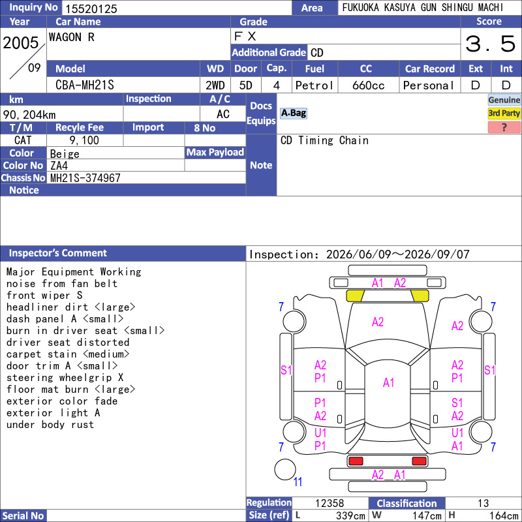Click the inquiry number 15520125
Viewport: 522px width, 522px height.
(x=91, y=8)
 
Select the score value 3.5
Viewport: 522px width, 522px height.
(x=491, y=44)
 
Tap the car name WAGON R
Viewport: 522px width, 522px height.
(x=72, y=37)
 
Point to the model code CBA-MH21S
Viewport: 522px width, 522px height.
(x=85, y=85)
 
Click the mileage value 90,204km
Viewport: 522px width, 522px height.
(x=29, y=115)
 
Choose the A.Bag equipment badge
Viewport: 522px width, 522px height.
(x=293, y=113)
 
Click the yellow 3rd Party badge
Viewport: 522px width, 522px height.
(x=504, y=113)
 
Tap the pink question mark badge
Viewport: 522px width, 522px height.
(x=504, y=127)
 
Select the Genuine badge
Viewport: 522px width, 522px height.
(x=504, y=100)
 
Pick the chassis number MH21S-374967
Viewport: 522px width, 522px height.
(x=85, y=178)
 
